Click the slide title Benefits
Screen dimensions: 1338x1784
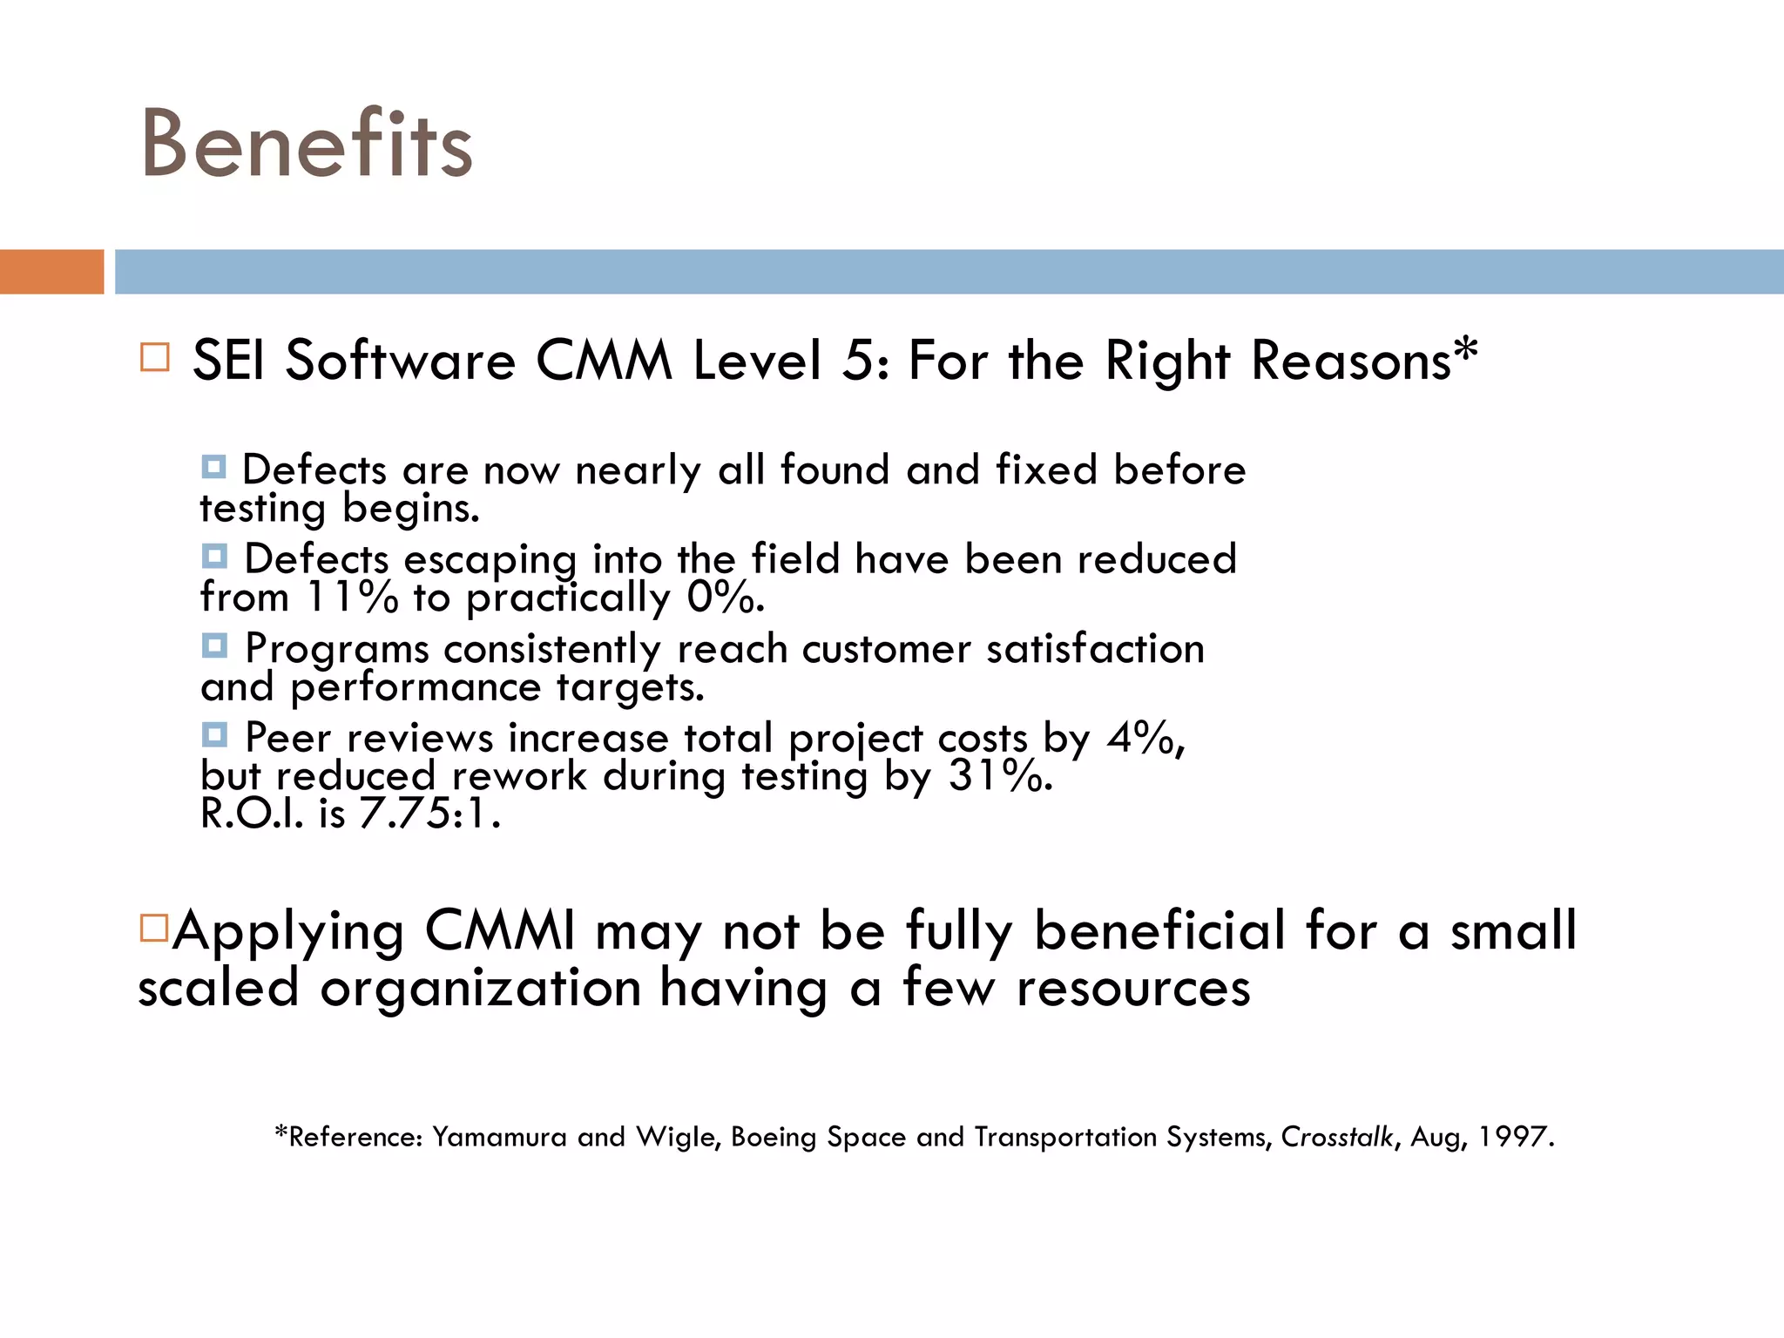(307, 144)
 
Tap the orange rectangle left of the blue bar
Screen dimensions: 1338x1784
(51, 272)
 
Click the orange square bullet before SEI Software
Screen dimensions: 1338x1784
(155, 358)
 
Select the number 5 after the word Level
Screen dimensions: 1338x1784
(857, 362)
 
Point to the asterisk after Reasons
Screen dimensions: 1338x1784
(1466, 348)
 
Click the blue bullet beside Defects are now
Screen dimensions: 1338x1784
(214, 467)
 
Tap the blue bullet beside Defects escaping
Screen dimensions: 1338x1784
(214, 556)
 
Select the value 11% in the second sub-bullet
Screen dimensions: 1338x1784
(352, 598)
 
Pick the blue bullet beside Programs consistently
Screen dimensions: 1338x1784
(214, 645)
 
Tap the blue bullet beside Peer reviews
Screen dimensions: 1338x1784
(214, 735)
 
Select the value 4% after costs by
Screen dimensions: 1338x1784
(1142, 739)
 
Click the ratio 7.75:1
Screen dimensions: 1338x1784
(429, 814)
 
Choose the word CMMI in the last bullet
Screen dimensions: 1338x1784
(500, 931)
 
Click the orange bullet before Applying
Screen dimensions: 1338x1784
(153, 928)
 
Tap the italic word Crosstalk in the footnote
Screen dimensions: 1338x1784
(1337, 1137)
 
